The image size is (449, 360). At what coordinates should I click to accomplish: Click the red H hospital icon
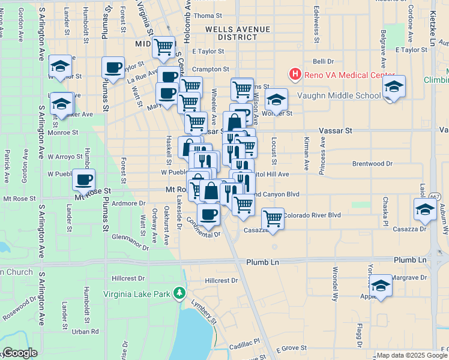(x=295, y=75)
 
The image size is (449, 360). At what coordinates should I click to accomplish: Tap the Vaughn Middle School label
(x=339, y=95)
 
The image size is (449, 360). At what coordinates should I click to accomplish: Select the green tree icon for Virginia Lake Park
(x=178, y=293)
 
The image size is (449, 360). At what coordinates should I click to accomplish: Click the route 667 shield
(x=435, y=197)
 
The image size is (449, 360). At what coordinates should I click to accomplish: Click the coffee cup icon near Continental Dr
(x=208, y=214)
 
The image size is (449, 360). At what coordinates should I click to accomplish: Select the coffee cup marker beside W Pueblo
(x=84, y=179)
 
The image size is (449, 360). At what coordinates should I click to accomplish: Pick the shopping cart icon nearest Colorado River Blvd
(x=273, y=218)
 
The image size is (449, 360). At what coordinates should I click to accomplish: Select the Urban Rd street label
(x=85, y=331)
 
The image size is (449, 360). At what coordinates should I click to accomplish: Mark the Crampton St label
(x=211, y=70)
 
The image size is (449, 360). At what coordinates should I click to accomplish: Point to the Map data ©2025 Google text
(x=411, y=355)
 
